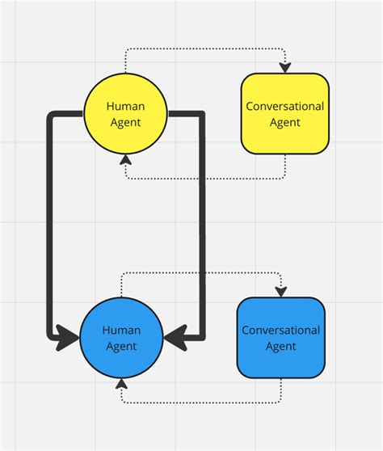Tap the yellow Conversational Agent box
point(284,114)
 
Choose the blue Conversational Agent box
point(280,338)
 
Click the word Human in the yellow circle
point(125,106)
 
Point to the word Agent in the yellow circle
point(125,122)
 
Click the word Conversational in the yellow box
point(284,106)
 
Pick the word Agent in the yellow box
point(284,122)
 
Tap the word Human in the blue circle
point(121,330)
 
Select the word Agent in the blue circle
point(121,346)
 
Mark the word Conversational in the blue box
point(280,330)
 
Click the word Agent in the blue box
point(280,346)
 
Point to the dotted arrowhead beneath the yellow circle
point(125,158)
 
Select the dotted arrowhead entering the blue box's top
point(280,292)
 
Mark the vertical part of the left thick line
point(50,226)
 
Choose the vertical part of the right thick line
point(201,226)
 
